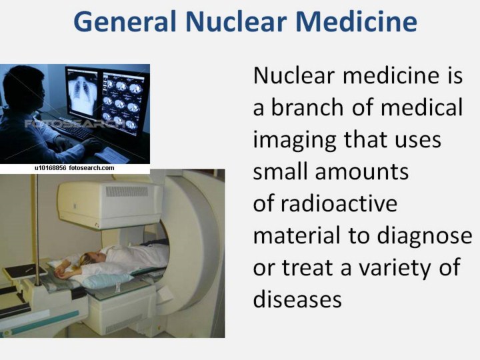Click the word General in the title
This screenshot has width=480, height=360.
125,21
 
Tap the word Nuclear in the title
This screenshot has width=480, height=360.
236,21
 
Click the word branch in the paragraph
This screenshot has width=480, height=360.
307,107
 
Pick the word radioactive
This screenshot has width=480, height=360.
339,203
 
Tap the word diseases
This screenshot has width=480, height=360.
297,299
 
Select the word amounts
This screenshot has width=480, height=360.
362,172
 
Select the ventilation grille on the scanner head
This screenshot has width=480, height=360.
127,191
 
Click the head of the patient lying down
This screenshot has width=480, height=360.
90,257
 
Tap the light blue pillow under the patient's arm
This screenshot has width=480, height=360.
107,281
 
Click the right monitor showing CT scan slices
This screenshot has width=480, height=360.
124,103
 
